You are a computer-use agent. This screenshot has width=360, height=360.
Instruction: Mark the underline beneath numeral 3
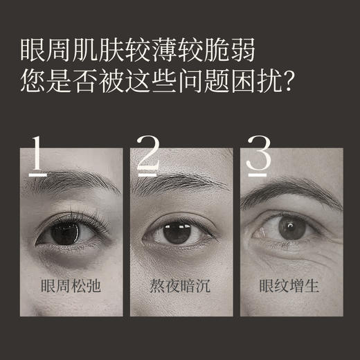pos(258,174)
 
